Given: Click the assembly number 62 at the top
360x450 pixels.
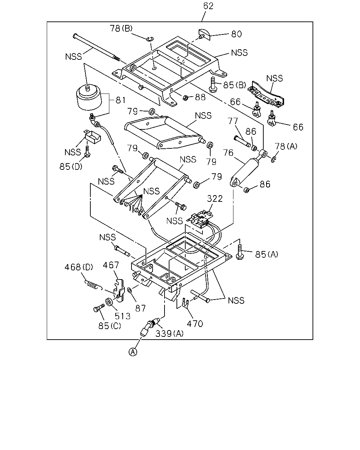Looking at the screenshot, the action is (208, 6).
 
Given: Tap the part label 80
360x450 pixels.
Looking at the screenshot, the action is (236, 34).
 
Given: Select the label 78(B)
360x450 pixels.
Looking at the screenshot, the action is (121, 28).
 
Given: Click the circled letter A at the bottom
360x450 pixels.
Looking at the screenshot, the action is (133, 352).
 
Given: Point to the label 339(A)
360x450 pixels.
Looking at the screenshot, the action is (169, 333).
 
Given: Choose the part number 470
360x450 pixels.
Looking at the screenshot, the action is (195, 324).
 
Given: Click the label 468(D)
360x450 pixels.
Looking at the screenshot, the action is (79, 267).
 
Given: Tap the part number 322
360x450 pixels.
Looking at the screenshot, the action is (214, 198).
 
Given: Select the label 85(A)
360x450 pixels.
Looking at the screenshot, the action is (266, 254).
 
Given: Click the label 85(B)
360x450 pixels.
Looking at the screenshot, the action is (234, 85).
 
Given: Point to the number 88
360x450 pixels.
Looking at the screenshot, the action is (200, 97).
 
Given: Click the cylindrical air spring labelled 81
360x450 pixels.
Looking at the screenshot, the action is (89, 97).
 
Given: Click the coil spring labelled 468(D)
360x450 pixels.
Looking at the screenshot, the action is (93, 285).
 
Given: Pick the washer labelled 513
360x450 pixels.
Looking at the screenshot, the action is (109, 302).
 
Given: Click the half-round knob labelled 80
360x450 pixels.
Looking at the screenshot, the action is (204, 35).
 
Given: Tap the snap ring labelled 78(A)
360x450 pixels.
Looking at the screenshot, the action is (274, 160).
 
